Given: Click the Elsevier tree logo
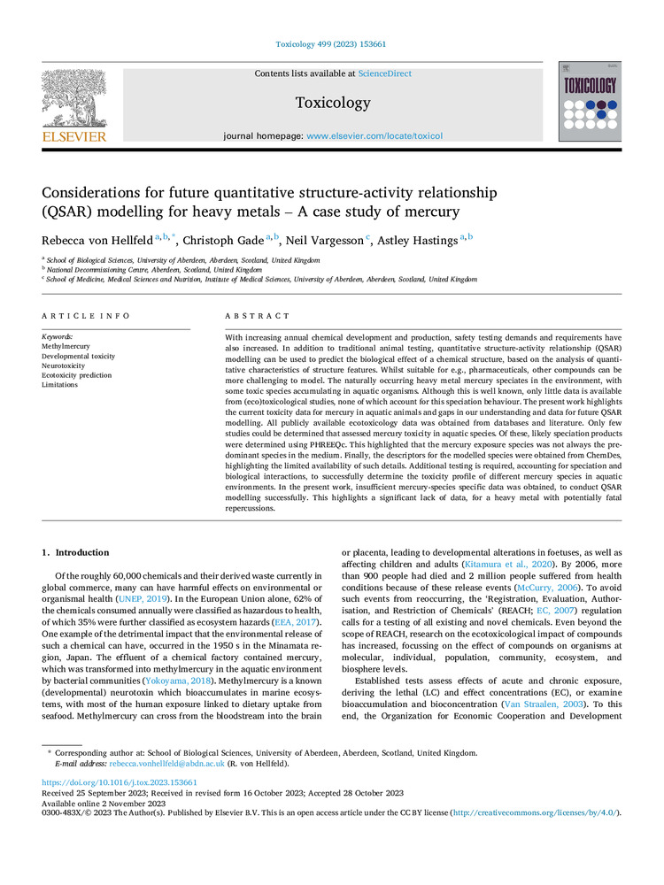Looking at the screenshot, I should [x=73, y=99].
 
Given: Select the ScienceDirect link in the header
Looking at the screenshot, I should [x=385, y=73].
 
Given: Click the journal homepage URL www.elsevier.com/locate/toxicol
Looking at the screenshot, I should [x=374, y=136].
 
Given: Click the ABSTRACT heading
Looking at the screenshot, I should [x=258, y=316].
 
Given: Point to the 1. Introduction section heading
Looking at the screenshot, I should [x=76, y=553].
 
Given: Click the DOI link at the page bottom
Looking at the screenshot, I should [x=120, y=783].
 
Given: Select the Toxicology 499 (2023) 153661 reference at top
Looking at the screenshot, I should [x=331, y=43].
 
